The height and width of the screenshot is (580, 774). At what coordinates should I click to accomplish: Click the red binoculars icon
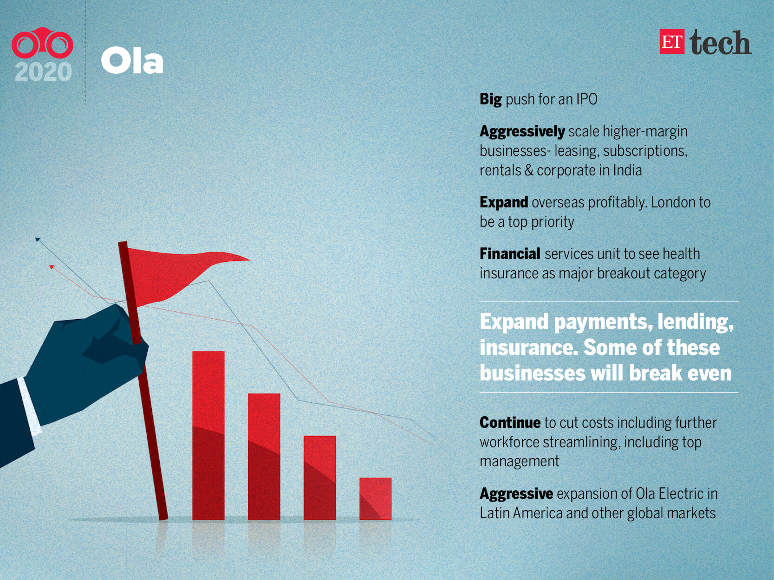pos(42,43)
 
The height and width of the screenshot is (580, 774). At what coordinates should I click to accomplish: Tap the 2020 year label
pos(43,72)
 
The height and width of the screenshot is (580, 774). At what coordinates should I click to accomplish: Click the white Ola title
pos(132,61)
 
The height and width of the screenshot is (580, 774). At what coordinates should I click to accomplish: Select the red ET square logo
pos(672,42)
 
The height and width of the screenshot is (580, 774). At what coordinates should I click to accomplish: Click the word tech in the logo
pos(721,42)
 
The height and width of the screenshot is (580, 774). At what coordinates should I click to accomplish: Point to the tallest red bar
pos(208,435)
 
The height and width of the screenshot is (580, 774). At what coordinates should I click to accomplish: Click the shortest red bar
pos(376,499)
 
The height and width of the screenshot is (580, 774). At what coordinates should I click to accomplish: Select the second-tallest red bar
pos(264,456)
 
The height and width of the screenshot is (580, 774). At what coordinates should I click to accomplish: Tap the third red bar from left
pos(320,477)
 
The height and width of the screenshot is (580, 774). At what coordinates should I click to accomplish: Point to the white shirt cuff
pos(30,405)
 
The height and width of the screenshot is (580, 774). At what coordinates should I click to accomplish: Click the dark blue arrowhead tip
pos(36,238)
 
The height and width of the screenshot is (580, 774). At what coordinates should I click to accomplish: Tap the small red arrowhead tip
pos(50,266)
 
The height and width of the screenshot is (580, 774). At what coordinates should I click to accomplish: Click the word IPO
pos(587,99)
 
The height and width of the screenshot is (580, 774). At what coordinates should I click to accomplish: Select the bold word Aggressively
pos(522,132)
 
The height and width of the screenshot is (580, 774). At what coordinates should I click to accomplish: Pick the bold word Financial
pos(510,254)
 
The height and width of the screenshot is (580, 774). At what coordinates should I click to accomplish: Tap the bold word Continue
pos(510,423)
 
